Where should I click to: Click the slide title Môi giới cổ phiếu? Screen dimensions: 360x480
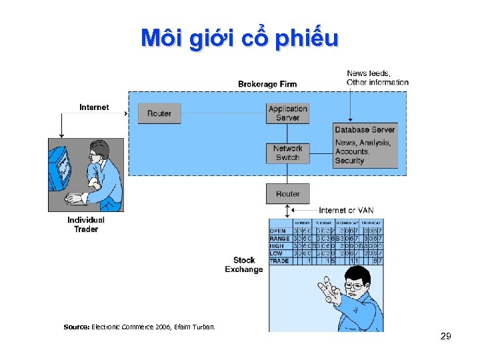(x=239, y=39)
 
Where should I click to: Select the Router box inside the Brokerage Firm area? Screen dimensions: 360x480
(x=159, y=113)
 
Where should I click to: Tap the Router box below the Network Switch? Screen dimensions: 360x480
(x=287, y=194)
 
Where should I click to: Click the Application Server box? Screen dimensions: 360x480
(x=287, y=113)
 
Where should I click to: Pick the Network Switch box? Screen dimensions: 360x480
(x=287, y=153)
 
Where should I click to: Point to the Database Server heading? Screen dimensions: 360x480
(x=365, y=130)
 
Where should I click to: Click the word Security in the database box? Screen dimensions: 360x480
(x=349, y=161)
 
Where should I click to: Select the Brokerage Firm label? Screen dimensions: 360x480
(x=267, y=84)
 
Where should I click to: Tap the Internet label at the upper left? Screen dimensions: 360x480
(x=94, y=107)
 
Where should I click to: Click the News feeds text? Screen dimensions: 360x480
(x=369, y=73)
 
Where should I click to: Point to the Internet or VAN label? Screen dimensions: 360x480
(x=346, y=211)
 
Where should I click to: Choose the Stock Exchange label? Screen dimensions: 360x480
(x=244, y=265)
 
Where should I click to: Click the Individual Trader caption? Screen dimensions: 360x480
(x=86, y=225)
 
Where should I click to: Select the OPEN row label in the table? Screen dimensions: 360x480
(x=277, y=231)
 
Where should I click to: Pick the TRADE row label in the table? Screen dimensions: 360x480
(x=279, y=261)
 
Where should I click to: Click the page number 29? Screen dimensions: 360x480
(x=446, y=336)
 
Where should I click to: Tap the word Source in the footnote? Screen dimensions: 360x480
(x=75, y=327)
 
